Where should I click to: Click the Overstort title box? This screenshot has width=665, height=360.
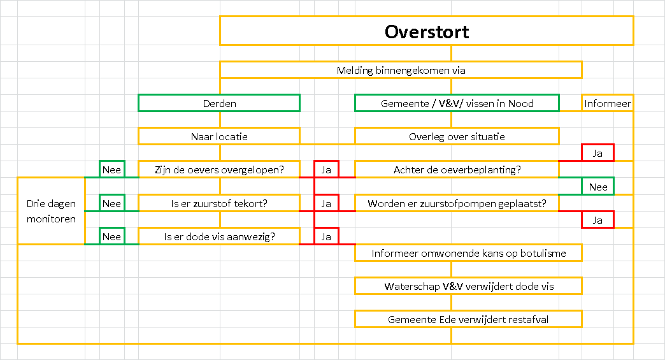427,31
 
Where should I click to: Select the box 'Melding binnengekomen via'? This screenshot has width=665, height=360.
401,70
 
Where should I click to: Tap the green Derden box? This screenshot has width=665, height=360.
219,103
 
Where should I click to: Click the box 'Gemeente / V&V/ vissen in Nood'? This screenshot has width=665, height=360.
457,103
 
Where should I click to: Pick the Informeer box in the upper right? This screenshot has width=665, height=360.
607,103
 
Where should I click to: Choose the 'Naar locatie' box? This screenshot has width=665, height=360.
219,136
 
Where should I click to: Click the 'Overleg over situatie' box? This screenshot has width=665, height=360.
457,136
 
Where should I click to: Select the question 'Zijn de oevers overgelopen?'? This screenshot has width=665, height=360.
219,169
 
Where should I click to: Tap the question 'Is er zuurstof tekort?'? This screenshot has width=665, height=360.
219,203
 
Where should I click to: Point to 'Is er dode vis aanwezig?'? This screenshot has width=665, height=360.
219,236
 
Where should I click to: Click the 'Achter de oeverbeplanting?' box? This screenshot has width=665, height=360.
457,169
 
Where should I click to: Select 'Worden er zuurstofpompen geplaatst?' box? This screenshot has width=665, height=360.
457,203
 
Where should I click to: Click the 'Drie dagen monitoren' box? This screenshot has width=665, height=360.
51,211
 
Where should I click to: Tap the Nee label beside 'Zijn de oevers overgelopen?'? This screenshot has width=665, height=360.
112,169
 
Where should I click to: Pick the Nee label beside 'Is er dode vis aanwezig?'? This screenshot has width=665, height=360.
112,236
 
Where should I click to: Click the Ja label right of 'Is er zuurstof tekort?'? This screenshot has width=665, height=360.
326,203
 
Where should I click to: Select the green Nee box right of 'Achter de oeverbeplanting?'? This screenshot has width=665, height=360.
597,187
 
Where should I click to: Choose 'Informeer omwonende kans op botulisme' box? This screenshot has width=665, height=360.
469,253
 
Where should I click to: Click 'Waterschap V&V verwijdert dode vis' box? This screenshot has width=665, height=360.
469,286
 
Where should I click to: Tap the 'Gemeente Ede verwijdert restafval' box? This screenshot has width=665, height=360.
469,319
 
